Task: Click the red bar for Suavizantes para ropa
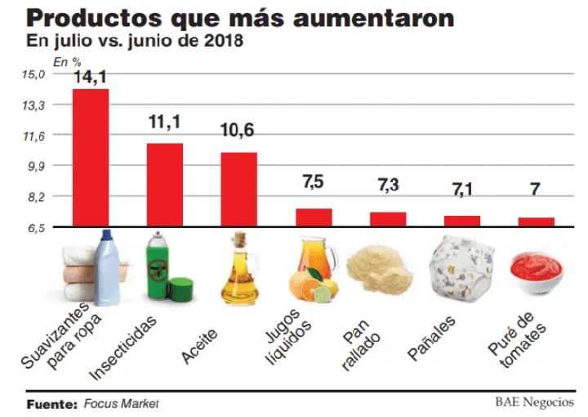point(91,157)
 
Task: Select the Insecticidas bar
point(164,185)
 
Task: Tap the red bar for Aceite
point(238,189)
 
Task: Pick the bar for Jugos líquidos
point(314,217)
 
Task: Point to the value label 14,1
point(91,78)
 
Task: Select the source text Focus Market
point(120,403)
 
